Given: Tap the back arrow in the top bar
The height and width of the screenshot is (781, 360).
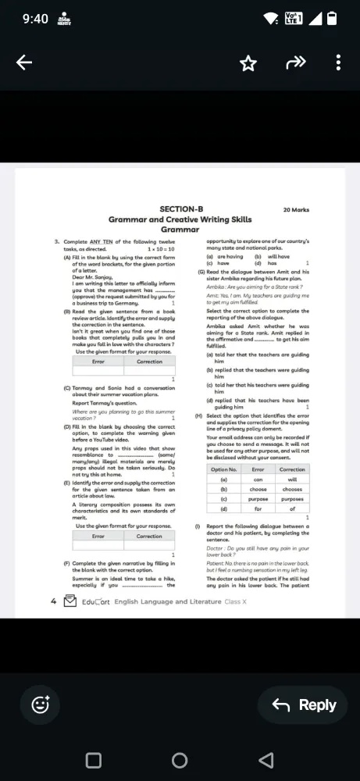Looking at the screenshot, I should tap(24, 63).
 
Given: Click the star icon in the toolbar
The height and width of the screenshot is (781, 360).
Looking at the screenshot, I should tap(248, 63).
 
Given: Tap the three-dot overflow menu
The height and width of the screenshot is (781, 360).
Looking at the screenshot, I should tap(337, 63).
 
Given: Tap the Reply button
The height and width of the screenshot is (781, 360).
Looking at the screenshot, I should tap(303, 705).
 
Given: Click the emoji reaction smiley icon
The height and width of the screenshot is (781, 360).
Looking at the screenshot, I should tap(40, 705).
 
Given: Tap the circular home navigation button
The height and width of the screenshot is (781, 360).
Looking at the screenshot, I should tap(180, 760).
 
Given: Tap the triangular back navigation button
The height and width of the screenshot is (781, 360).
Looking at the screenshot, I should tap(266, 760).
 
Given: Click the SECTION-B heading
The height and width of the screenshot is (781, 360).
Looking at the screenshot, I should tap(181, 209).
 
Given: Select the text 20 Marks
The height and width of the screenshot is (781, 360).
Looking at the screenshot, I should tap(296, 210).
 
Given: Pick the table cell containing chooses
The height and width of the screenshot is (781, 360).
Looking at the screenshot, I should tap(292, 488).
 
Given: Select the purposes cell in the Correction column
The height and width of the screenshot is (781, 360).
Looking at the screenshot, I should tap(292, 498).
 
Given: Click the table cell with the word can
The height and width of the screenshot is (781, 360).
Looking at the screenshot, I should tap(258, 479).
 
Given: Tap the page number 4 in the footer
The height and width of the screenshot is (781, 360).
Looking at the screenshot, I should tap(52, 601).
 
